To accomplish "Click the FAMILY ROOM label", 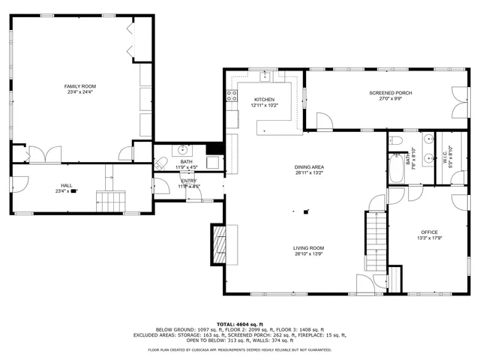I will pos(79,86).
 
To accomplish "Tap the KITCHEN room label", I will pos(264,100).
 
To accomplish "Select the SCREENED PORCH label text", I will pos(385,92).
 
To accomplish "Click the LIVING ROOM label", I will pos(309,247).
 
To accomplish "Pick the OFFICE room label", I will pos(429,232).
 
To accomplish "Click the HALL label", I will pos(67,185).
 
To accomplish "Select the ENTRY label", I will pos(188,181).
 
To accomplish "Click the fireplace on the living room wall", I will pos(218,245).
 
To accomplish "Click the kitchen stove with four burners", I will pos(231,95).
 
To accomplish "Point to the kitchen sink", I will pos(265,76).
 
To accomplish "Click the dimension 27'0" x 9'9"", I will pos(385,99).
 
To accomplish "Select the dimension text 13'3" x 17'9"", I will pos(429,239).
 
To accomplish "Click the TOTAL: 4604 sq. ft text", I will pos(239,323).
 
